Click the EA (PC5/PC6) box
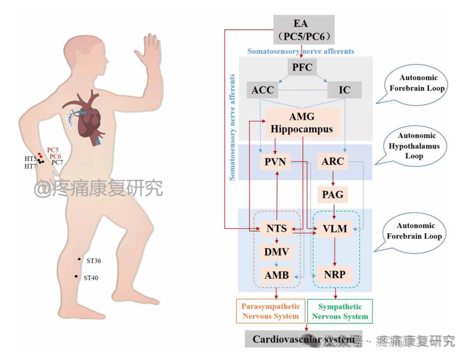point(303,30)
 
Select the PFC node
point(302,67)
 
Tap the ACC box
point(263,90)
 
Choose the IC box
point(344,90)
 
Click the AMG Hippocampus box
point(302,123)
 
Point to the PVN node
point(275,162)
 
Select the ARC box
point(333,162)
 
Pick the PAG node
point(333,194)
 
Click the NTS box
point(276,228)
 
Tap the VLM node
point(335,228)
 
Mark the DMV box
point(276,251)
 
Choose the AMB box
point(276,275)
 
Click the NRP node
point(335,275)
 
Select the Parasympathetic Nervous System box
point(270,311)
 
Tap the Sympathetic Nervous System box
point(340,311)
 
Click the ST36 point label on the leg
point(94,261)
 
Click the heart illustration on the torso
point(89,117)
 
